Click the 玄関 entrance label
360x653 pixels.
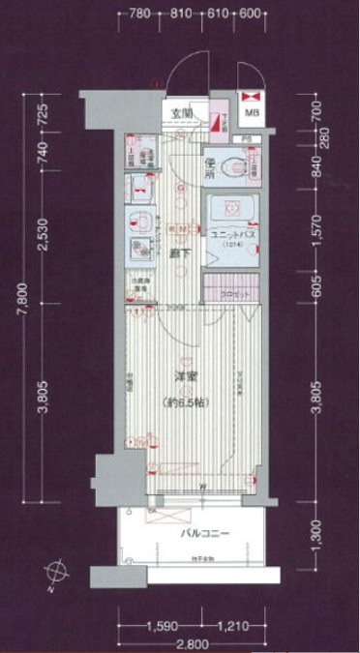tap(182, 113)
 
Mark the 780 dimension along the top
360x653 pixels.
tap(140, 15)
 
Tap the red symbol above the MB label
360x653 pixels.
tap(251, 97)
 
